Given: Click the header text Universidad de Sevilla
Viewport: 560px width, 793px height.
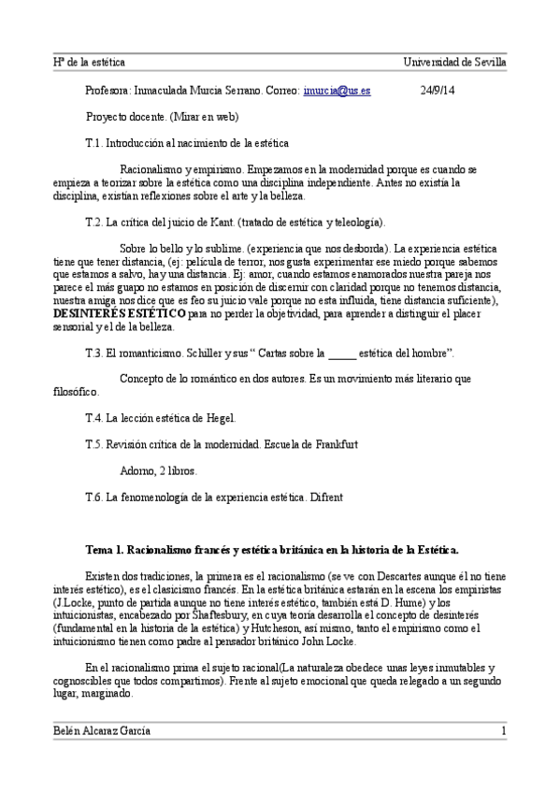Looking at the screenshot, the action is [x=454, y=62].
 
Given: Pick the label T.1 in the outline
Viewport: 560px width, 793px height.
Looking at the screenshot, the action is [x=93, y=144].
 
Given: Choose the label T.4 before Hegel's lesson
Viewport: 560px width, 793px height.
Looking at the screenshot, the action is [x=93, y=418].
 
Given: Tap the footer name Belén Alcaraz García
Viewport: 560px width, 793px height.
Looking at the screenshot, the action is [x=102, y=730].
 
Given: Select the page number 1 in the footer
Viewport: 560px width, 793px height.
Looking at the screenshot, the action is [x=503, y=730].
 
